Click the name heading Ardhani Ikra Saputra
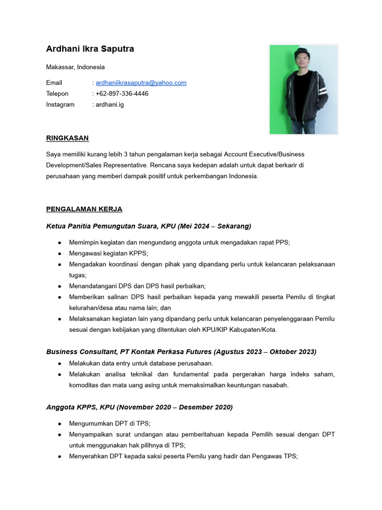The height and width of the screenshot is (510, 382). (x=90, y=49)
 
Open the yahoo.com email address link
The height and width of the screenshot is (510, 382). (x=141, y=83)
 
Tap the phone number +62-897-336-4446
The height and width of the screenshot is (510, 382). (x=122, y=94)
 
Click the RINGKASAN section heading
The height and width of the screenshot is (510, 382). (x=67, y=138)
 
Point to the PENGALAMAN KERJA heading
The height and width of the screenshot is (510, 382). (x=84, y=209)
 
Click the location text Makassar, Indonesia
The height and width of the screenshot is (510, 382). (x=75, y=67)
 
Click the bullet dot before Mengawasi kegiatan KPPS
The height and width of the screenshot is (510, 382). (x=60, y=253)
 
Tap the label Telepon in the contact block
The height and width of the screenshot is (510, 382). (x=57, y=94)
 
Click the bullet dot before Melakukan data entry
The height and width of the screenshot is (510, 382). (x=60, y=363)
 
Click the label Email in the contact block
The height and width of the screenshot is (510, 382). (x=54, y=83)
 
